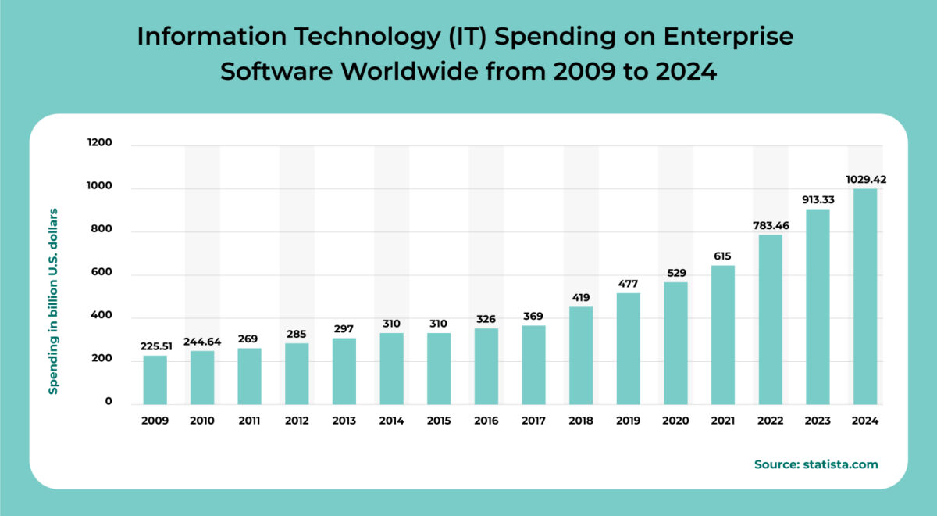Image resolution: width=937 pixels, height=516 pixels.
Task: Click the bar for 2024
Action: (865, 296)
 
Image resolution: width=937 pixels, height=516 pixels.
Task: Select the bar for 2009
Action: (155, 380)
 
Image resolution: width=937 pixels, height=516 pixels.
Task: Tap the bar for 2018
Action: (581, 355)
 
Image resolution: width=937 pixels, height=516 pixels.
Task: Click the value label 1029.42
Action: (865, 179)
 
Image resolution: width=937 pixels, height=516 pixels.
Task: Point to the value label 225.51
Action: (156, 346)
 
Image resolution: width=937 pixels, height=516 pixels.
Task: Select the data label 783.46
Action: (770, 225)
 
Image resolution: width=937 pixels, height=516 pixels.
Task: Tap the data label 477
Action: (628, 283)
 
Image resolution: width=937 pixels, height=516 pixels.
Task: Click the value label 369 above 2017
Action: (533, 316)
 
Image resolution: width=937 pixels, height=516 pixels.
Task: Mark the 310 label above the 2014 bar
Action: (391, 323)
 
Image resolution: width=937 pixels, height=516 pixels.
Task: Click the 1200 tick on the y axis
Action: (101, 144)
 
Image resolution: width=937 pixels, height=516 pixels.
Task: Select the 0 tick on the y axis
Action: (109, 402)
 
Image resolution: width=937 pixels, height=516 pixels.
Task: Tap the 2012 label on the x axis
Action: (297, 421)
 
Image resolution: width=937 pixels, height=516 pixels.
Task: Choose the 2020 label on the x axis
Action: (675, 421)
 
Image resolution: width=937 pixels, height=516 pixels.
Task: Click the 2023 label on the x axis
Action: (818, 421)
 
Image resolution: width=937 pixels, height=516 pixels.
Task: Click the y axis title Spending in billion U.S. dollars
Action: (54, 301)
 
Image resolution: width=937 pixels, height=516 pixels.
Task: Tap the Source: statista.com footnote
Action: (816, 464)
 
